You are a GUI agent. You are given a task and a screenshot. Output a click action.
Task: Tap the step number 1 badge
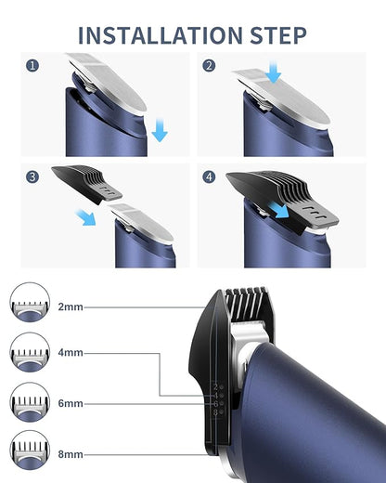[x=33, y=66]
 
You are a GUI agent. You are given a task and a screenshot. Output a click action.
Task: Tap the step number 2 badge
[x=212, y=66]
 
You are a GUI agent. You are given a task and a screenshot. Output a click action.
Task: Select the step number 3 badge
[x=33, y=176]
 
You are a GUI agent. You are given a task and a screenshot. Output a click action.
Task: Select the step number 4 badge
[x=212, y=176]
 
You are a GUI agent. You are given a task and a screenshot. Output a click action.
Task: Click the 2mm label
[x=70, y=306]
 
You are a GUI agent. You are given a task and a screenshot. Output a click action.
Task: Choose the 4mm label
[x=70, y=354]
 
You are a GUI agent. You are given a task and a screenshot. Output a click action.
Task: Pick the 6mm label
[x=70, y=404]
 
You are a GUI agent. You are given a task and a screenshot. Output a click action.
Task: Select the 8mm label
[x=70, y=453]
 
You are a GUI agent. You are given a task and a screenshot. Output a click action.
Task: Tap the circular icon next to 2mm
[x=27, y=305]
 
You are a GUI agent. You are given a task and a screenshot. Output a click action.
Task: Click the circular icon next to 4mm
[x=27, y=354]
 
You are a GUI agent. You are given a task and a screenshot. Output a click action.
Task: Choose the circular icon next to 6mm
[x=27, y=404]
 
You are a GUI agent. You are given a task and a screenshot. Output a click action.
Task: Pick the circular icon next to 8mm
[x=27, y=453]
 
